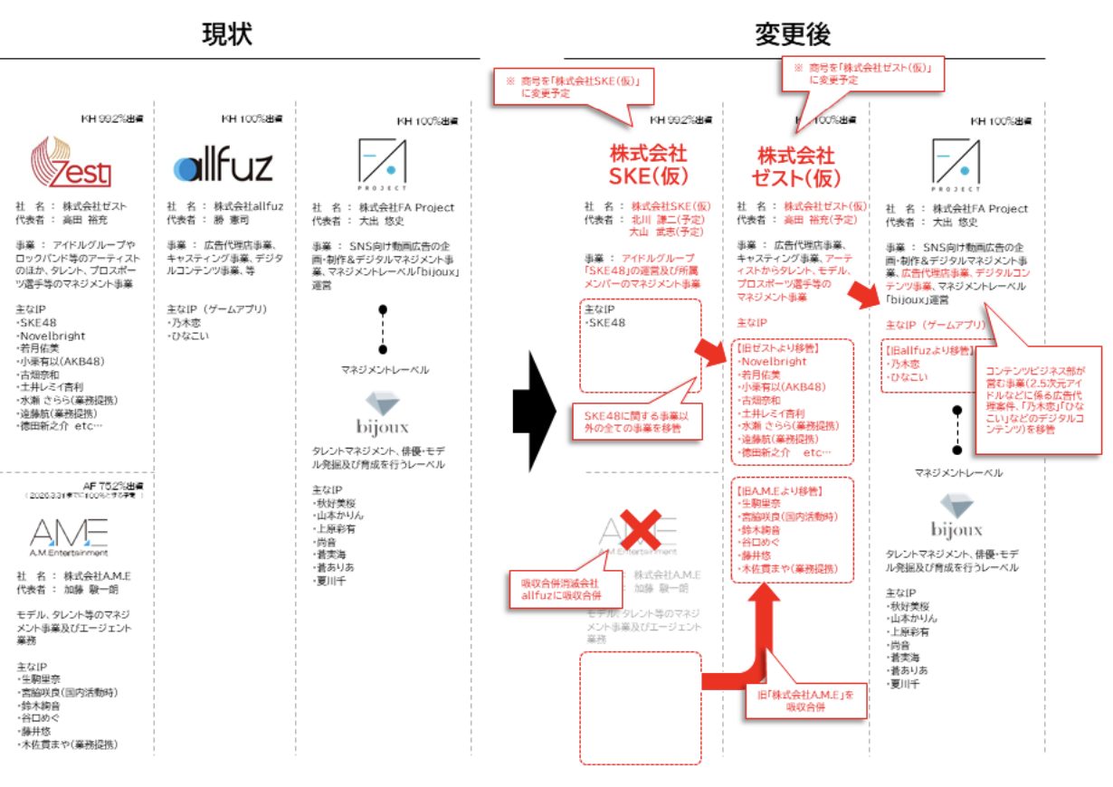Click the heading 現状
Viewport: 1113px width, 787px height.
tap(226, 33)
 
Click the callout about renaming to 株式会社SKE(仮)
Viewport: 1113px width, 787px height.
tap(572, 88)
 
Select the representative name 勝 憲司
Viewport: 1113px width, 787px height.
tap(230, 220)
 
